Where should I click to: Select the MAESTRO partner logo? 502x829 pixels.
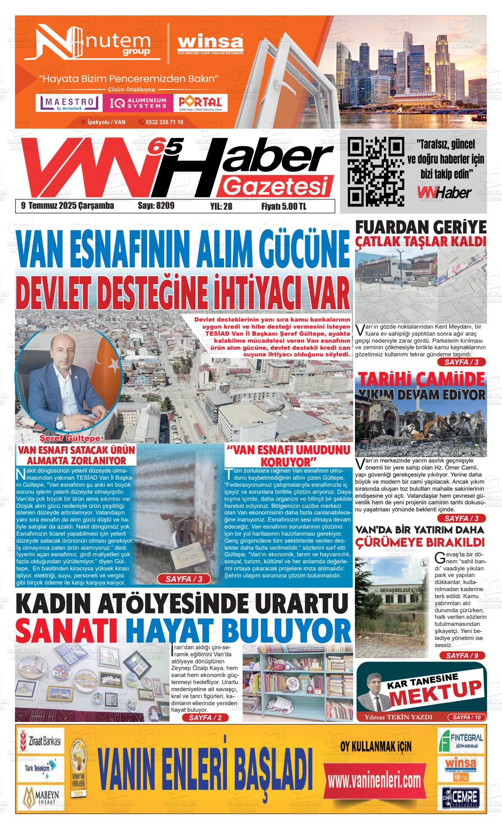tap(69, 103)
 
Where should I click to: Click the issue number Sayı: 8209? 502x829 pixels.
tap(156, 206)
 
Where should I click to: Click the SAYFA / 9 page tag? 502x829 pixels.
tap(462, 655)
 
